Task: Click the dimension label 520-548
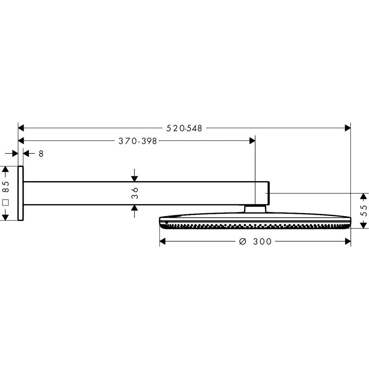(184, 128)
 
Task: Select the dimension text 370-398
(138, 141)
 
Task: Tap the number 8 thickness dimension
(41, 154)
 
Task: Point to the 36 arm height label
(135, 193)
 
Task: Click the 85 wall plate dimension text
(5, 187)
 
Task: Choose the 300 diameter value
(262, 242)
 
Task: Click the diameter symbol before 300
(243, 242)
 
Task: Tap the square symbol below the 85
(5, 202)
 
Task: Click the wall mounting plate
(21, 193)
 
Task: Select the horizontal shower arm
(148, 193)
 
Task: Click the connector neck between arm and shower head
(255, 209)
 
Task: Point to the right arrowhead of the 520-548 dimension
(347, 128)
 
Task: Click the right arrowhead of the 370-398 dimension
(252, 141)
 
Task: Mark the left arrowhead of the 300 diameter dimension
(163, 241)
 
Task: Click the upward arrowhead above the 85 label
(5, 169)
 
